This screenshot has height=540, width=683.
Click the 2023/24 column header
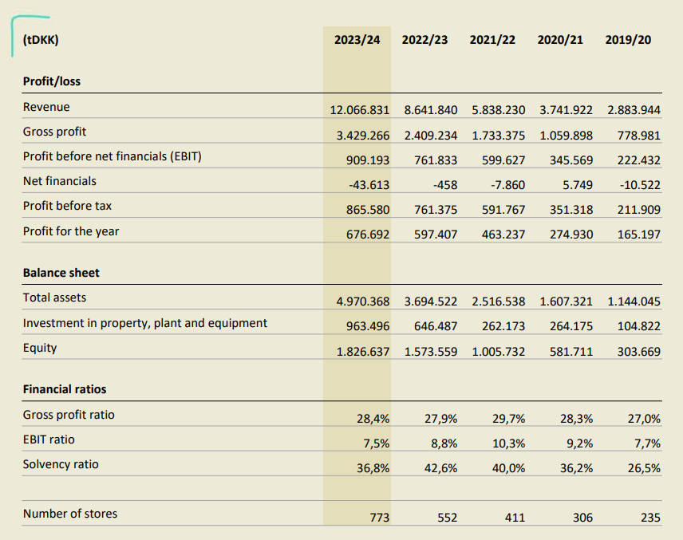click(357, 39)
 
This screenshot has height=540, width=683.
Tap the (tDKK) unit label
click(41, 39)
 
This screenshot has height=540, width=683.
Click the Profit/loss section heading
click(52, 81)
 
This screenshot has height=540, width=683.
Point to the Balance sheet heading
click(61, 273)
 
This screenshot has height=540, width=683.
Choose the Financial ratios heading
click(65, 389)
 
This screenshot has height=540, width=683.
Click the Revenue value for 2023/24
click(360, 108)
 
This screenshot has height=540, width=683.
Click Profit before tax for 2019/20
click(639, 210)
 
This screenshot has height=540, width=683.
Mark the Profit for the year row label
click(71, 231)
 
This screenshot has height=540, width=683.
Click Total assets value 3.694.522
click(431, 302)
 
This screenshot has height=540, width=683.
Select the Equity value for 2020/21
click(572, 351)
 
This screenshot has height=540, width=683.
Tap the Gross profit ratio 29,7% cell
click(509, 418)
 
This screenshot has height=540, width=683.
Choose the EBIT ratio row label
click(49, 439)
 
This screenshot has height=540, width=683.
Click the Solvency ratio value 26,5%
click(644, 468)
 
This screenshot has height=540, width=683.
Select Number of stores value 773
click(380, 518)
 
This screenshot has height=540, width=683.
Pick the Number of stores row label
click(70, 514)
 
